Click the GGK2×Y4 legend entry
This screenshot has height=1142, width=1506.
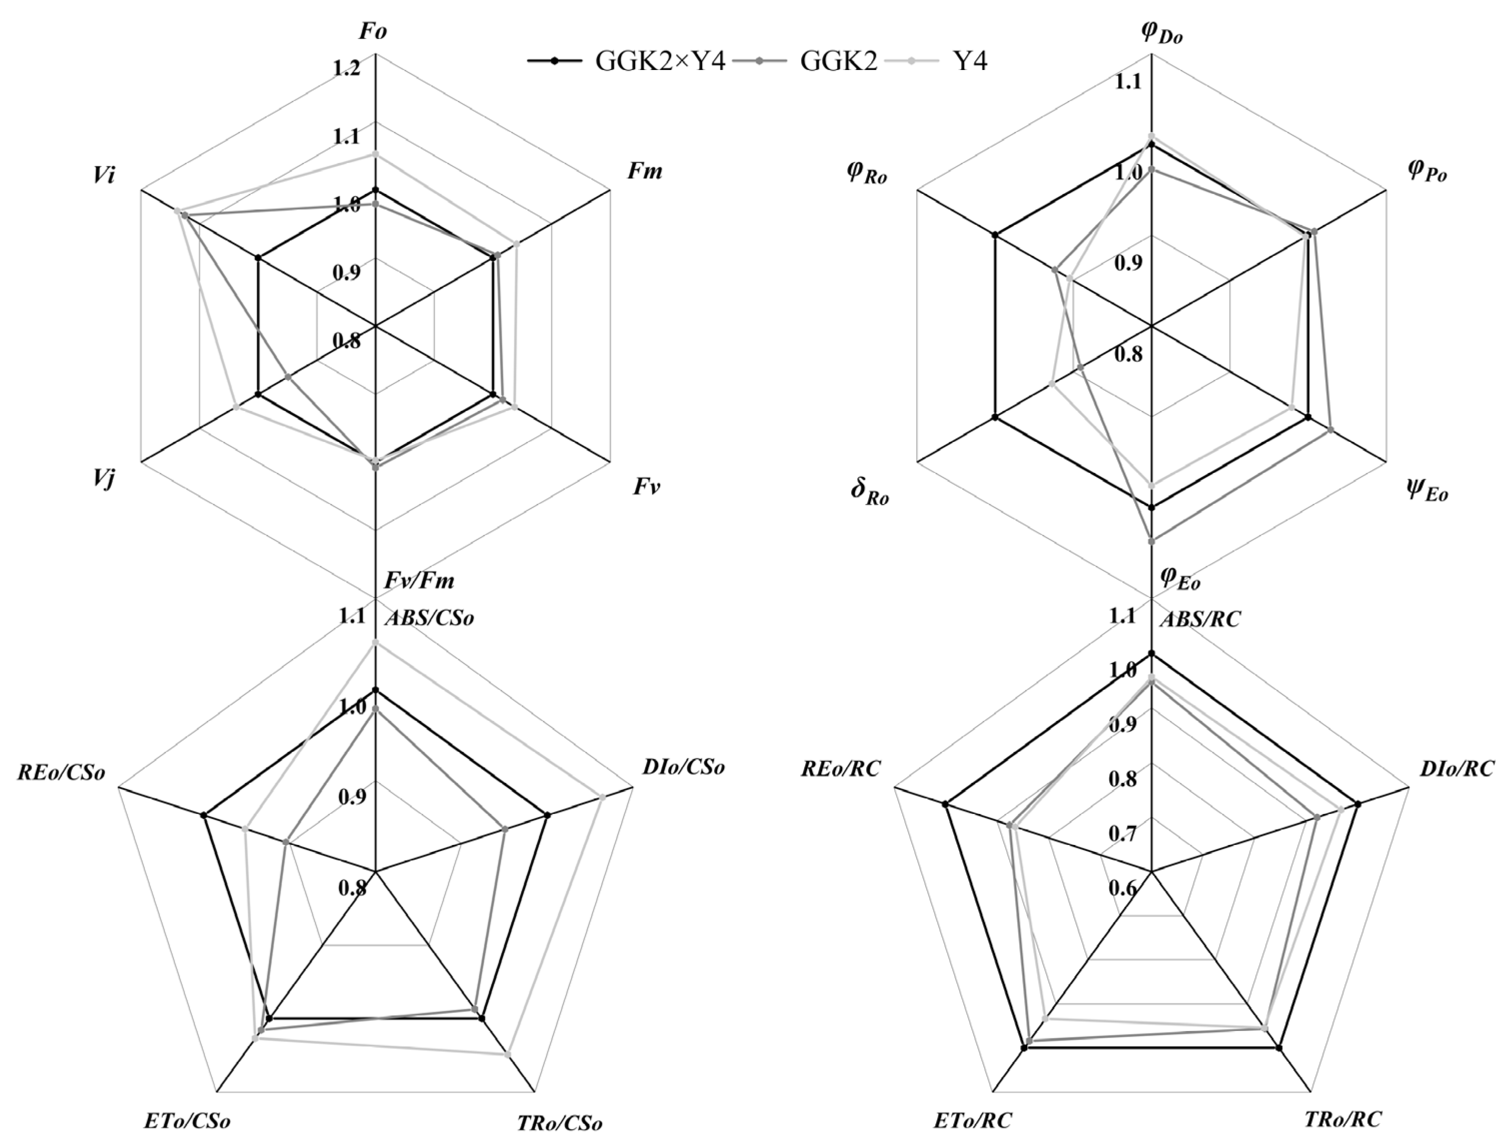(626, 62)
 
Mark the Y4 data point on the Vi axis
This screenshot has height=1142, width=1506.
(177, 211)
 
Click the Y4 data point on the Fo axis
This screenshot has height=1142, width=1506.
(375, 154)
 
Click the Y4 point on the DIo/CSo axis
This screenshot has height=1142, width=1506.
(602, 797)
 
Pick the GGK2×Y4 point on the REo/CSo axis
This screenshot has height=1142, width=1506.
(203, 815)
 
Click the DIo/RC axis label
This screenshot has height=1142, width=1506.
(1456, 768)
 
